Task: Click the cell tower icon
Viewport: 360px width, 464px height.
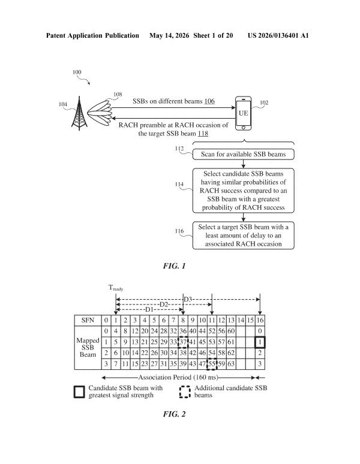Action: tap(79, 113)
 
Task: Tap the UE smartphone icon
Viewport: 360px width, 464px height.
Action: tap(244, 113)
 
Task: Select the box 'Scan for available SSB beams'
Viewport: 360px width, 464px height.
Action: tap(244, 154)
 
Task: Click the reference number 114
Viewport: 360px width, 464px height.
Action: tap(179, 184)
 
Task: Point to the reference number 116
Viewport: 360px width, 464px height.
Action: tap(179, 231)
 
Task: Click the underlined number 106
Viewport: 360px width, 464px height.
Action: tap(209, 101)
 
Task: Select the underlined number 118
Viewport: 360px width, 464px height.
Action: tap(203, 134)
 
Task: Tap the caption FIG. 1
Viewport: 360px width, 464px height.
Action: tap(174, 266)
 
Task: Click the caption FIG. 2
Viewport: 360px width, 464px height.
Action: tap(174, 414)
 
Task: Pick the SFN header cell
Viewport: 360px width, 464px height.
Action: tap(88, 320)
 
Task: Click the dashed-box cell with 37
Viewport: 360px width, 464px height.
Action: tap(183, 342)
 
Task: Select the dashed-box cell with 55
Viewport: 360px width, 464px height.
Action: tap(212, 364)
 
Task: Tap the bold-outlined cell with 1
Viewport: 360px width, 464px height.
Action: tap(260, 342)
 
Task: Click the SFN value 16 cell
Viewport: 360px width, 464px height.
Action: tap(260, 320)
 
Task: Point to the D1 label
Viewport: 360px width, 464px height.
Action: tap(149, 309)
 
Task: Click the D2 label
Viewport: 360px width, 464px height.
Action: tap(164, 305)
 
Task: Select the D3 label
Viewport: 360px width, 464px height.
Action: tap(188, 300)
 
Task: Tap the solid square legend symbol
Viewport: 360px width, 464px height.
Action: tap(79, 392)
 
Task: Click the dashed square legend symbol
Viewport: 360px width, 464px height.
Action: tap(185, 392)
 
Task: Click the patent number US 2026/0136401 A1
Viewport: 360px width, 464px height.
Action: tap(278, 35)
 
